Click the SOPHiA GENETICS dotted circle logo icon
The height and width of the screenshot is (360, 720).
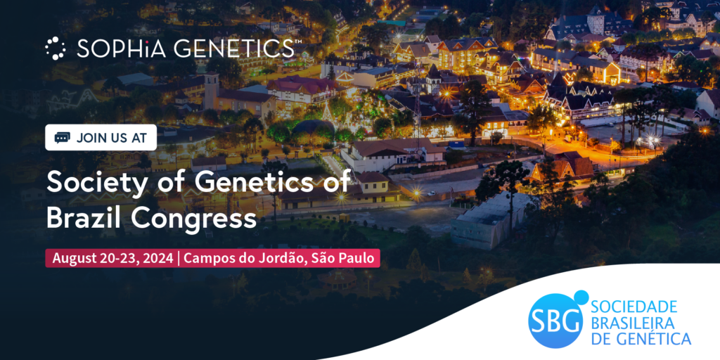[55, 48]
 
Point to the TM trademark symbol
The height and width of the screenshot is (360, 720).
[298, 42]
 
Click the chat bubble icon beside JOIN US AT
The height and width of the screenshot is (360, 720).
[62, 137]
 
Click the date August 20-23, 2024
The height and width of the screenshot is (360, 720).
[112, 258]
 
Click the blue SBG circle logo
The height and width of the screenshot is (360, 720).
[555, 321]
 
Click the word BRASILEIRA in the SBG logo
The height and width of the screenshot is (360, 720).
[632, 323]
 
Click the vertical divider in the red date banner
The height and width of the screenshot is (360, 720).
[179, 258]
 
